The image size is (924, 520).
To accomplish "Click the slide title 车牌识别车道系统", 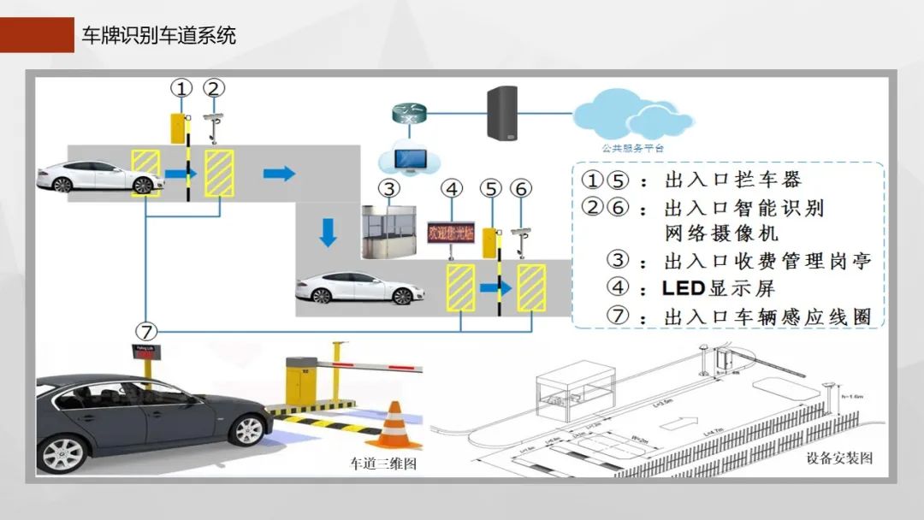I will pyautogui.click(x=158, y=35).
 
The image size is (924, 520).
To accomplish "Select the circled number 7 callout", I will pyautogui.click(x=146, y=330).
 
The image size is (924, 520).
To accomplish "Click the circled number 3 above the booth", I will pyautogui.click(x=389, y=188).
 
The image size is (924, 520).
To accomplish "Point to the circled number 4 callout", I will pyautogui.click(x=453, y=188).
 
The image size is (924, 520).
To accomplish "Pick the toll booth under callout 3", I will pyautogui.click(x=390, y=232).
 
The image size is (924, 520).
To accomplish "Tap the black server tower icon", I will pyautogui.click(x=504, y=112).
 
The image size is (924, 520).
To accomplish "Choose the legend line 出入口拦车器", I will pyautogui.click(x=731, y=180).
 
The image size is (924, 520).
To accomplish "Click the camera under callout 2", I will pyautogui.click(x=215, y=119).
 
